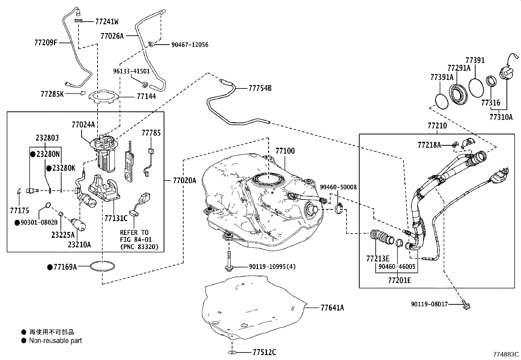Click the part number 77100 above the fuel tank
285,151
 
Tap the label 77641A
332,308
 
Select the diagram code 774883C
506,354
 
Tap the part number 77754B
260,88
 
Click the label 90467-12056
190,45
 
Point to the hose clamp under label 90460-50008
339,208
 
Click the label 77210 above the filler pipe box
437,126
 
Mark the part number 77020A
185,180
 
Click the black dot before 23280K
49,168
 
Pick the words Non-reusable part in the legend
55,341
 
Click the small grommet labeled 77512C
232,352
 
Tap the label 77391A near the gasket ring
442,77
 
